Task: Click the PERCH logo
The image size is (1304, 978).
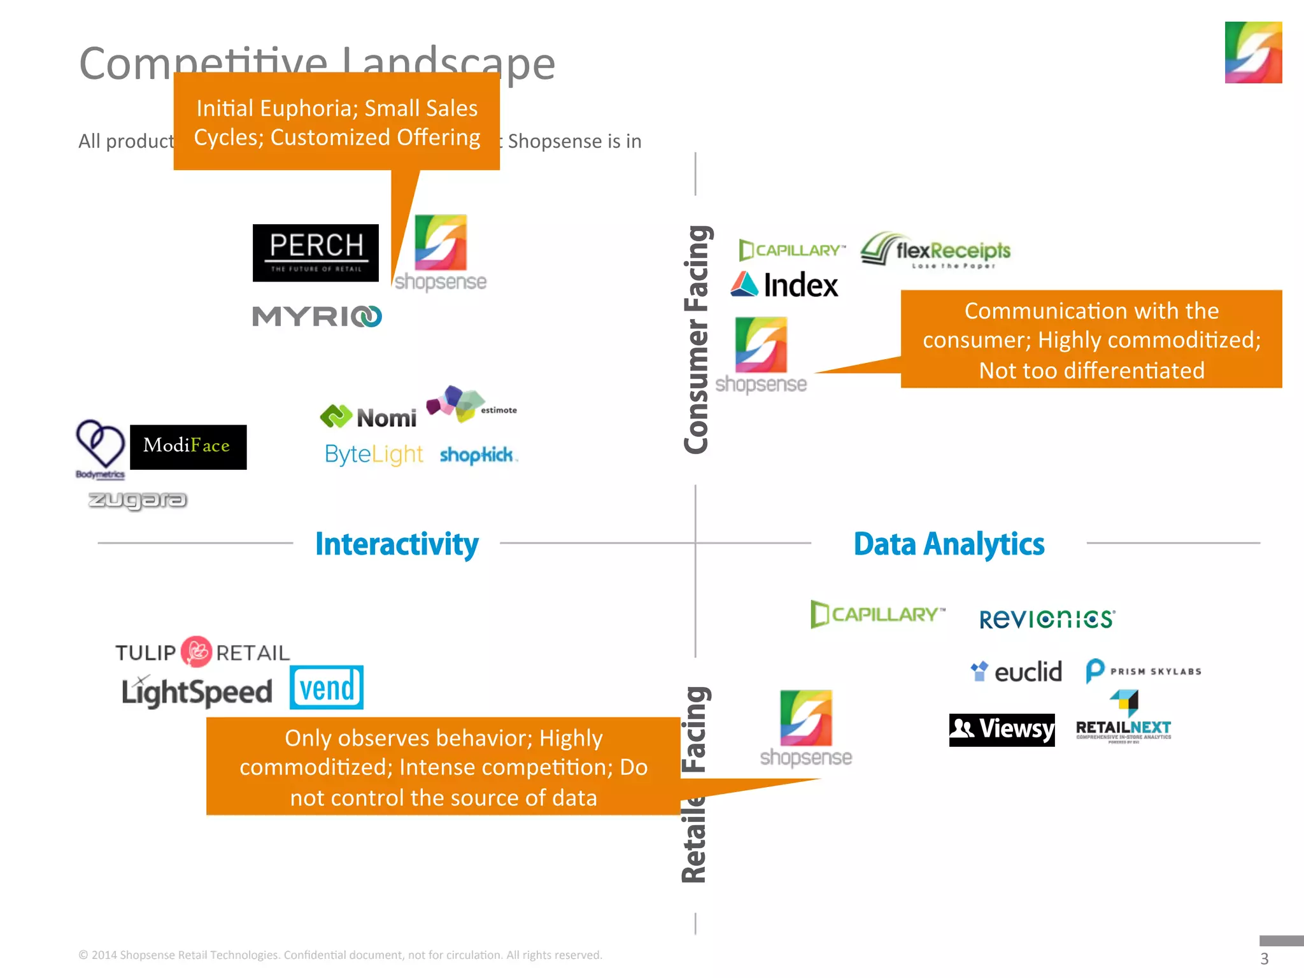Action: click(x=315, y=253)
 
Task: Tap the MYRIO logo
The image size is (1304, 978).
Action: click(x=316, y=316)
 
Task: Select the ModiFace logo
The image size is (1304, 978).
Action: click(x=188, y=446)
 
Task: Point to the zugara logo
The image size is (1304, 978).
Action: click(x=138, y=500)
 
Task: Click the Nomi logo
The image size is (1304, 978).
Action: click(x=369, y=417)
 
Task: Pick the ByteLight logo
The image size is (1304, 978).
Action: click(x=374, y=455)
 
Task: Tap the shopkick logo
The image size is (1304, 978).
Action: click(x=478, y=455)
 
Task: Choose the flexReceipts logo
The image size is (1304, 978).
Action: click(x=936, y=250)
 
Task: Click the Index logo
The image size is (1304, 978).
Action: click(x=784, y=285)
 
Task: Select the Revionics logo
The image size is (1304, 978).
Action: click(x=1047, y=619)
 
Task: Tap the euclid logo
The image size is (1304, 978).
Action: click(x=1016, y=672)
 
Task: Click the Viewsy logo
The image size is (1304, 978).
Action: click(x=1002, y=730)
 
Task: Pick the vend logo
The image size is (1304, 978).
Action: click(x=327, y=688)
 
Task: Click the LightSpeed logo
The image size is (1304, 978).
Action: click(x=197, y=691)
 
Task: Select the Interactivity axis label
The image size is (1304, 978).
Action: click(x=397, y=544)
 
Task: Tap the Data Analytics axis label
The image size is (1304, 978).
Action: click(x=949, y=544)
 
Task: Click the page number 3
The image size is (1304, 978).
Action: click(x=1265, y=958)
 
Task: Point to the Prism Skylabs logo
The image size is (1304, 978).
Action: click(x=1144, y=671)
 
